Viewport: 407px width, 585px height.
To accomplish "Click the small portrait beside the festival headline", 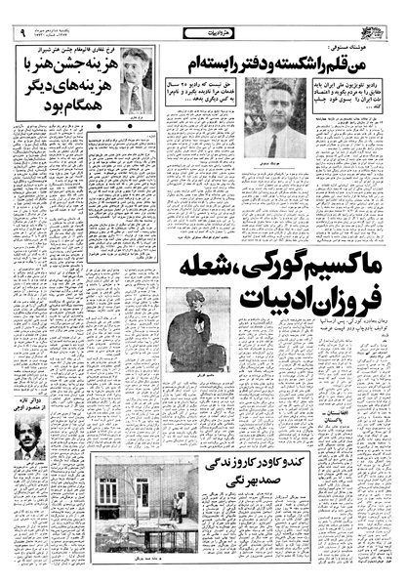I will (x=135, y=82).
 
